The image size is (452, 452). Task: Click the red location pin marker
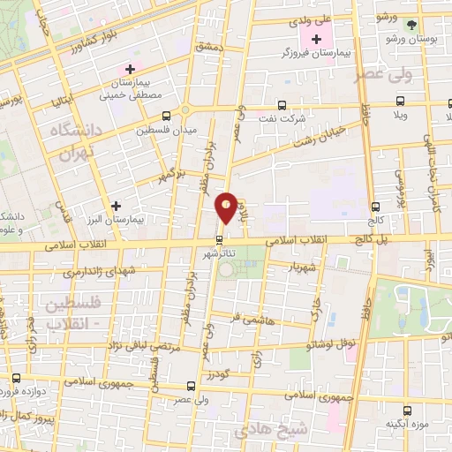tap(227, 207)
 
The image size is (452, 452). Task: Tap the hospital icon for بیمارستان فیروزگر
tap(317, 38)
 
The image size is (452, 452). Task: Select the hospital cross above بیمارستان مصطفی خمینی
tap(130, 69)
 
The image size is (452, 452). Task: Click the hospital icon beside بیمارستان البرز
tap(116, 206)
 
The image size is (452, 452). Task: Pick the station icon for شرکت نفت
tap(282, 104)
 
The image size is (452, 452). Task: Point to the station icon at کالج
tap(377, 200)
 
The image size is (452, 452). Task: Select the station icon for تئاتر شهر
tap(220, 239)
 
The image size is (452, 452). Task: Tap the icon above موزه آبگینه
tap(407, 410)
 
